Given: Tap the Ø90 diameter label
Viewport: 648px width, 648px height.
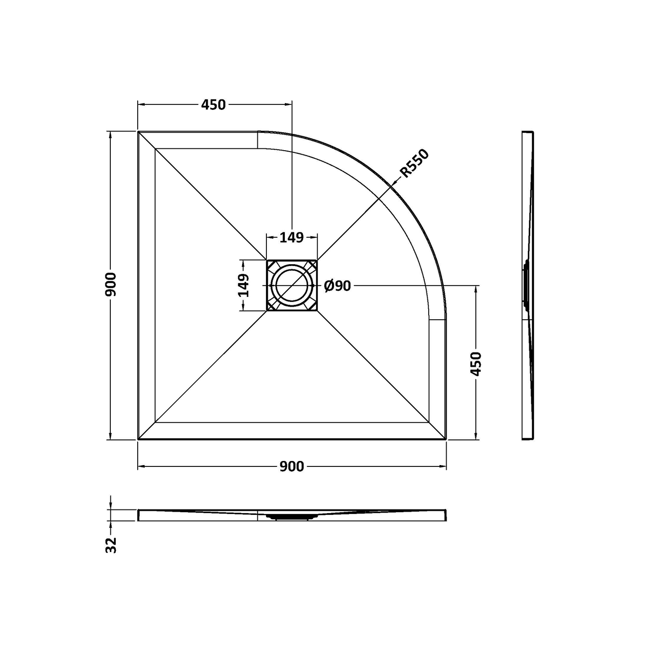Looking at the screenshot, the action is [337, 286].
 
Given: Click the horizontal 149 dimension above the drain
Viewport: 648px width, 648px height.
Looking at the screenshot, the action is [291, 238].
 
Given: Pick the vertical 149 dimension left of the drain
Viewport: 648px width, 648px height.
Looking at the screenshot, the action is [244, 286].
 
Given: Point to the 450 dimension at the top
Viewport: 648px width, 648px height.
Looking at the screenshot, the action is [213, 105].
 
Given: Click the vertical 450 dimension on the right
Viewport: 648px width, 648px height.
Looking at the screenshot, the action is [476, 364].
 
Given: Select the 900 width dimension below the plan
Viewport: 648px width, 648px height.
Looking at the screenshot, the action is [292, 466].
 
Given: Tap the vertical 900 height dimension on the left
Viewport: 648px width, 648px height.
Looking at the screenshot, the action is [111, 285].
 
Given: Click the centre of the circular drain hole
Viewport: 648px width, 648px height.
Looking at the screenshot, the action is [291, 286].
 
